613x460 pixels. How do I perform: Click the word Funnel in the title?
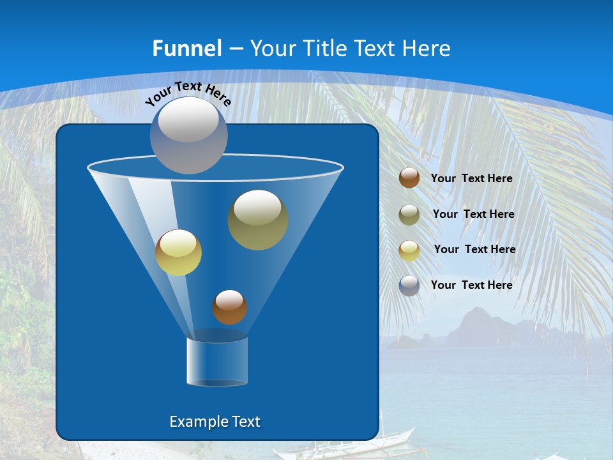[x=186, y=49]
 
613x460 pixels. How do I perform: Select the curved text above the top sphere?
[x=188, y=94]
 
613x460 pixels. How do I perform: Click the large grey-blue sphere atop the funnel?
[x=188, y=135]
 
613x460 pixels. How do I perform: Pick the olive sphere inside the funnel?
[x=257, y=219]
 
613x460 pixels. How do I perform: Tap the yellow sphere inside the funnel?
[x=178, y=252]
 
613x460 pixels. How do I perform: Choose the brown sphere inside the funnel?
[x=229, y=307]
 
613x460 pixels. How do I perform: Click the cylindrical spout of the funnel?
[x=217, y=361]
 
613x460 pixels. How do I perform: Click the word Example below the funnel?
[x=198, y=422]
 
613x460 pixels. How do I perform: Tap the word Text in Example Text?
[x=246, y=422]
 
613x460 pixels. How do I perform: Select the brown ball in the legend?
[x=409, y=178]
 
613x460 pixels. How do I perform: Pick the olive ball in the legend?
[x=409, y=214]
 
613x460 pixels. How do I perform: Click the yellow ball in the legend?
[x=409, y=250]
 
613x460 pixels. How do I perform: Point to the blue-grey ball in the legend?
[x=409, y=285]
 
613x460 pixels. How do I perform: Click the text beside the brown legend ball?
[x=471, y=179]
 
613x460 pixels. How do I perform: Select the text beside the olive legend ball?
[x=473, y=215]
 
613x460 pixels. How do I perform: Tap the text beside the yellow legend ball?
[x=474, y=250]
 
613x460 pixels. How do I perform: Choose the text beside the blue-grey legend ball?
[x=471, y=285]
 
